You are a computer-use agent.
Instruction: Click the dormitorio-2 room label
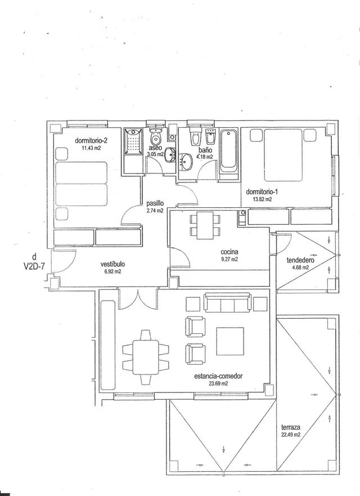[89, 140]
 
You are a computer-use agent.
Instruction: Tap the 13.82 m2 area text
[262, 199]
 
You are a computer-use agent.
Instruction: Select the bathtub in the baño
[228, 151]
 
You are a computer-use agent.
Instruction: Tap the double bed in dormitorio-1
[283, 155]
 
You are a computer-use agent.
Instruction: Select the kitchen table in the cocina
[205, 226]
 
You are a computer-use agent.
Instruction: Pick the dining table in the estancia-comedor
[146, 357]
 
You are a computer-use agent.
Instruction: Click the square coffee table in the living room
[230, 341]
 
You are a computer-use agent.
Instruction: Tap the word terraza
[290, 427]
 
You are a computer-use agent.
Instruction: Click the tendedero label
[300, 260]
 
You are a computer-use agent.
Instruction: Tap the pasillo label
[155, 204]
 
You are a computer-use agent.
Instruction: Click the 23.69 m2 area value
[218, 383]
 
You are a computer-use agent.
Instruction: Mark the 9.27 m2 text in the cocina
[229, 260]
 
